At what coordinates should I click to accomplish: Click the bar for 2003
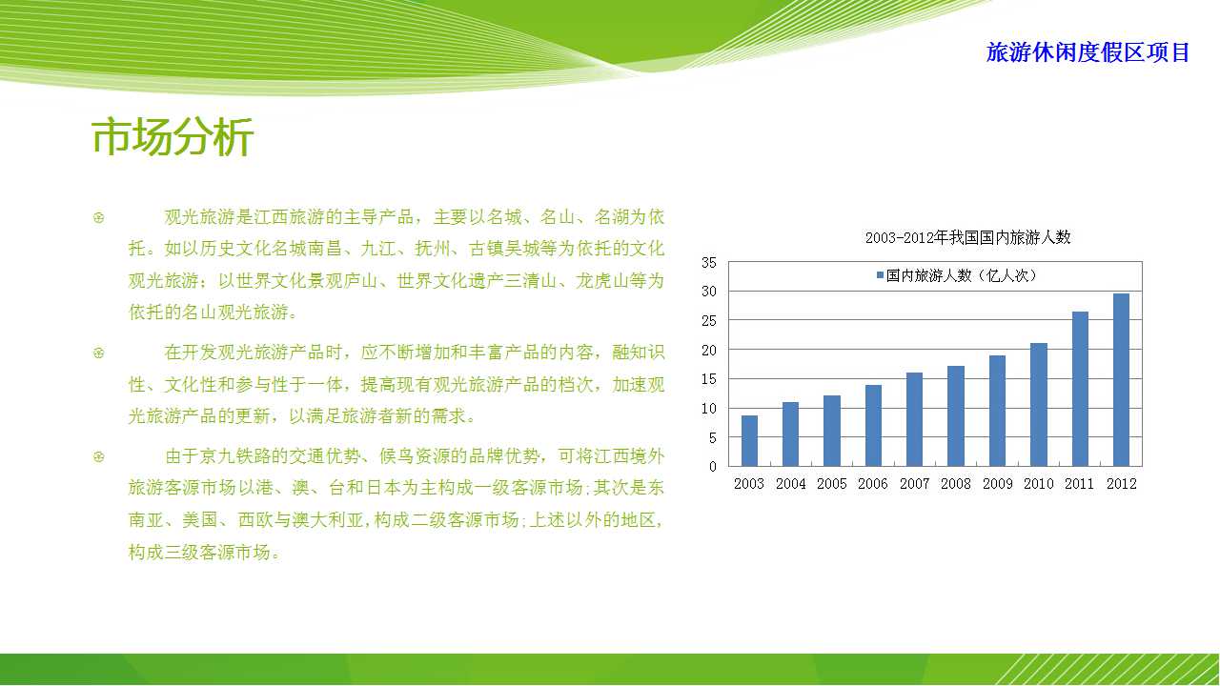tap(749, 441)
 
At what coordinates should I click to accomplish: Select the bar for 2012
tap(1121, 380)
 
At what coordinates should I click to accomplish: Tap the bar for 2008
tap(956, 416)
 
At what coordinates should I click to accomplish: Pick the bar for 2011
tap(1080, 390)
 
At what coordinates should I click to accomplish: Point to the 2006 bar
tap(873, 426)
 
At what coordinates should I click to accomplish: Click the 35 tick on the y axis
tap(708, 263)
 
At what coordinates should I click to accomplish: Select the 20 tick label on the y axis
tap(708, 351)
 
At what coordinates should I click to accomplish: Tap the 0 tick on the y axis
tap(712, 467)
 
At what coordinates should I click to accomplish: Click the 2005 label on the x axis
tap(832, 483)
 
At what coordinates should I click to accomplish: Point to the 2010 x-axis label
tap(1039, 483)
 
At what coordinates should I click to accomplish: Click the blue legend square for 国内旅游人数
tap(880, 275)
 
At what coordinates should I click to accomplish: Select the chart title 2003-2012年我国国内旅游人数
tap(967, 237)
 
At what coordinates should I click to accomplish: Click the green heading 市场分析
tap(173, 137)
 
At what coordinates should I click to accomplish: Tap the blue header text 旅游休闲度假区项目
tap(1088, 52)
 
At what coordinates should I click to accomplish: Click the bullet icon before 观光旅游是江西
tap(98, 218)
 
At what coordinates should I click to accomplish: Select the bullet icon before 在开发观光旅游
tap(98, 353)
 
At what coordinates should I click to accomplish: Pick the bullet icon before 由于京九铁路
tap(98, 456)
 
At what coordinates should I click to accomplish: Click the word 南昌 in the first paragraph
tap(325, 249)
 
